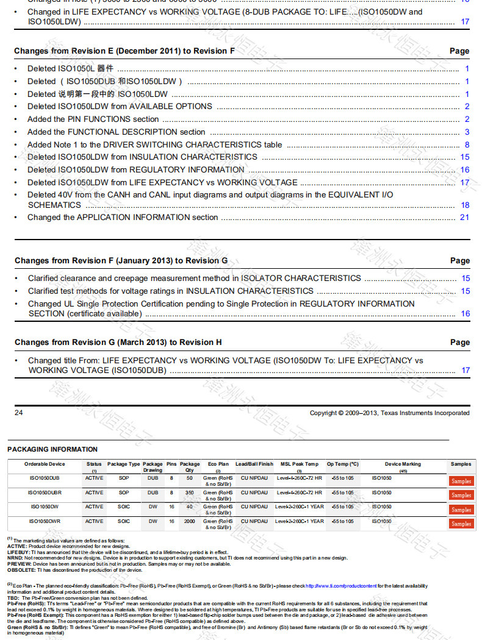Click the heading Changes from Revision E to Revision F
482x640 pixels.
tap(124, 51)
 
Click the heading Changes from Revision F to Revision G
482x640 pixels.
tap(121, 261)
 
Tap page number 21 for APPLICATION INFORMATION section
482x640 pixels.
tap(464, 218)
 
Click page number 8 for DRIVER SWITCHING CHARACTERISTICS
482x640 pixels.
tap(467, 145)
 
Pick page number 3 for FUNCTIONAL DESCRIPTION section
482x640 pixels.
tap(467, 132)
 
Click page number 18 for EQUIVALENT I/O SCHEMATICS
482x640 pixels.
tap(465, 205)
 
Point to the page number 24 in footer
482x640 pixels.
tap(19, 413)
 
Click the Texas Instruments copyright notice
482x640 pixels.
tap(389, 413)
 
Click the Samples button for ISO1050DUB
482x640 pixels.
tap(461, 481)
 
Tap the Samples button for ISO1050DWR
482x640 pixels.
tap(461, 524)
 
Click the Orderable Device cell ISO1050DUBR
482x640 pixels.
tap(45, 492)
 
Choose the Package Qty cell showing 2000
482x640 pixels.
tap(190, 521)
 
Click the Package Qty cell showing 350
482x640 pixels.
tap(190, 492)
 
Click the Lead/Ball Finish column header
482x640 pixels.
tap(254, 464)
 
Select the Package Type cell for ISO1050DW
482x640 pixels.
tap(124, 507)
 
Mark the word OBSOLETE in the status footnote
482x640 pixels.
tap(21, 571)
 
